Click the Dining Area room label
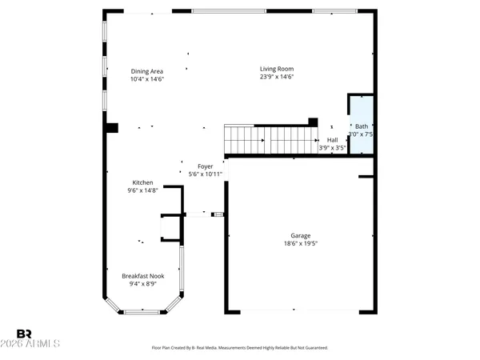[x=146, y=71]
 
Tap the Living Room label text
[x=277, y=69]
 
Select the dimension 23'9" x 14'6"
[x=277, y=78]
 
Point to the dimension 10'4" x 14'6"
[x=146, y=79]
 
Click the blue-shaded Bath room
[x=361, y=120]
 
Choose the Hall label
[x=332, y=139]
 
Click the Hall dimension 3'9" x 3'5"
[x=332, y=148]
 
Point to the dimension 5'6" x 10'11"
[x=206, y=174]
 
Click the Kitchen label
[x=143, y=182]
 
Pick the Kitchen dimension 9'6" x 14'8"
[x=143, y=190]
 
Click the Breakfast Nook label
[x=143, y=275]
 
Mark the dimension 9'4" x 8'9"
[x=143, y=284]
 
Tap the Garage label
[x=301, y=236]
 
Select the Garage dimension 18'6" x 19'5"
[x=301, y=244]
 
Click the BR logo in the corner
[x=25, y=333]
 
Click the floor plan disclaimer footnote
[x=240, y=348]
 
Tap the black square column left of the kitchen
[x=112, y=127]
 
